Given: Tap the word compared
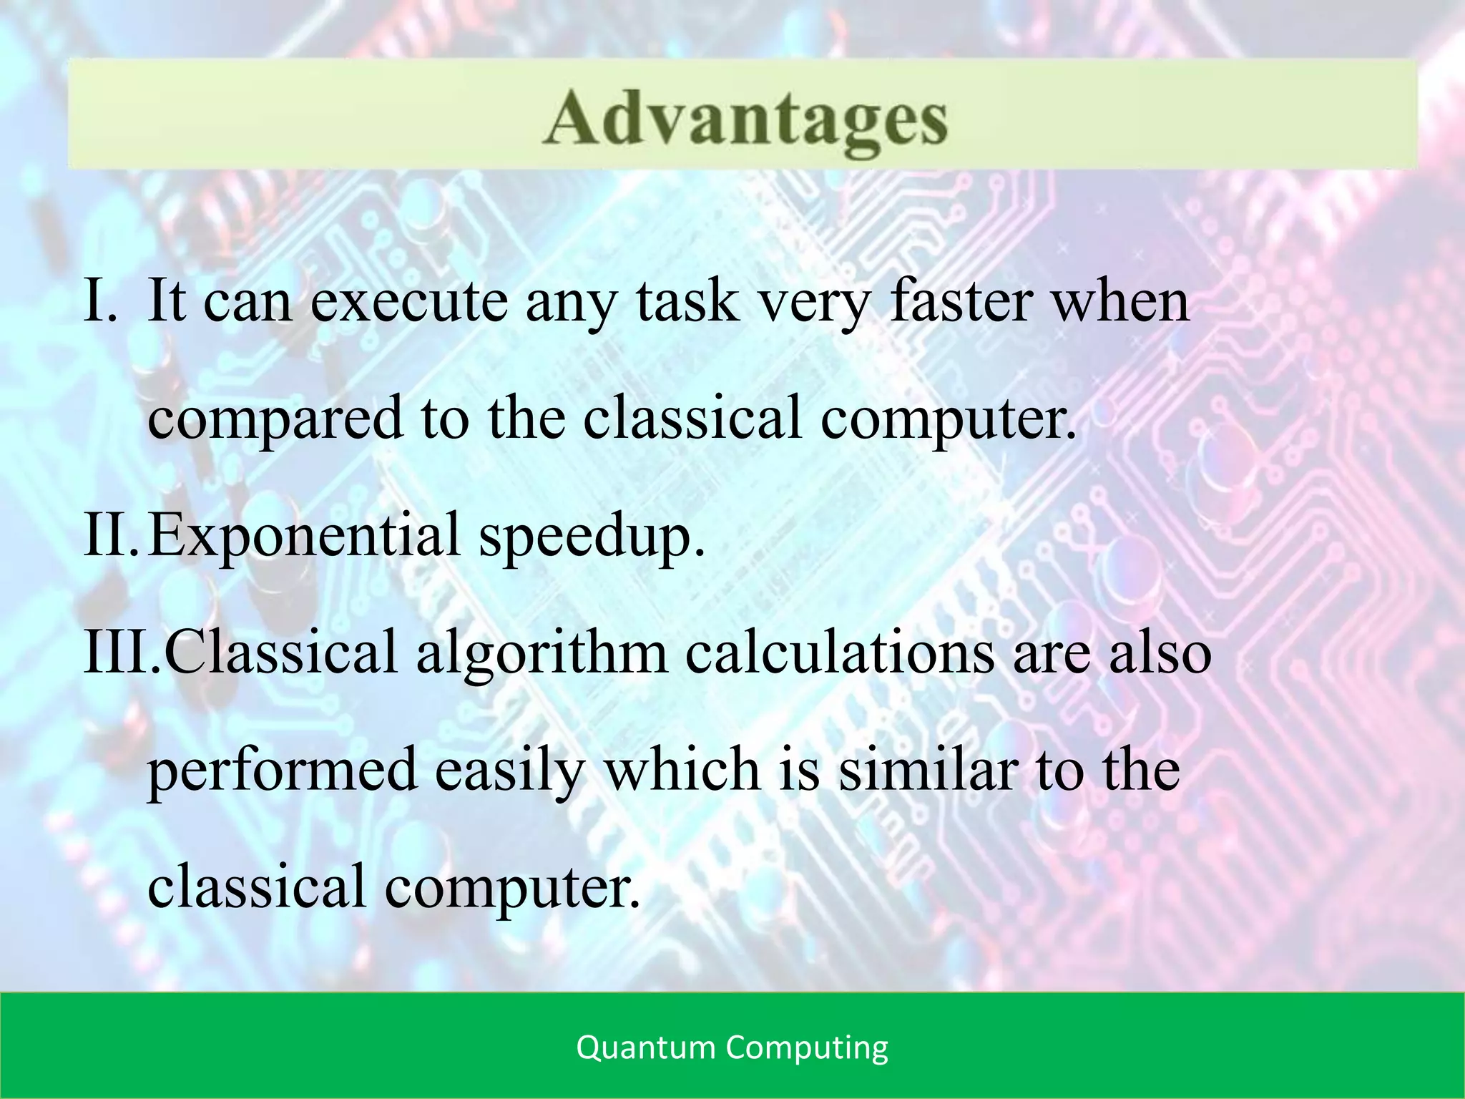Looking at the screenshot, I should (275, 419).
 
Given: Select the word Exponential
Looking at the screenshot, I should (303, 535).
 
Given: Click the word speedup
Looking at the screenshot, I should (591, 537).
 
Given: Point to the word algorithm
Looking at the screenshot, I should (541, 653).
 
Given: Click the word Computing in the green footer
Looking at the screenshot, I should (807, 1049).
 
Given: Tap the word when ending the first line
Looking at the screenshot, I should (1122, 301).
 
